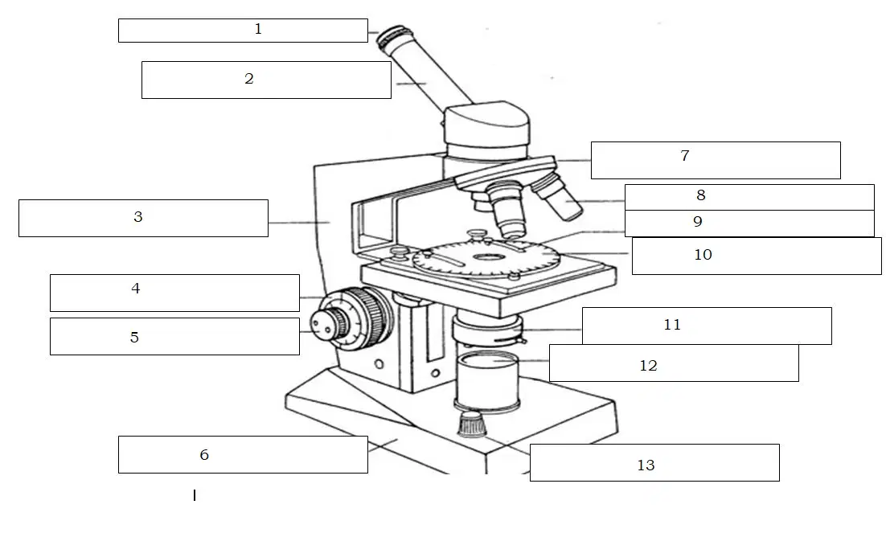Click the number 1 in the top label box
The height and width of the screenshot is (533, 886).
[x=258, y=29]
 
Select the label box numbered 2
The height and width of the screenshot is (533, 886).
[x=266, y=80]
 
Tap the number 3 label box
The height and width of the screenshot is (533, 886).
[x=144, y=218]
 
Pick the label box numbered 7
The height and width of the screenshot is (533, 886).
[x=716, y=161]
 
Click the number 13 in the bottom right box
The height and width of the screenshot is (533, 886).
[x=646, y=465]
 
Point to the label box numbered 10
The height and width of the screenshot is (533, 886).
[x=757, y=256]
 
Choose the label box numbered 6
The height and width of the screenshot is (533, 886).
[x=243, y=454]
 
